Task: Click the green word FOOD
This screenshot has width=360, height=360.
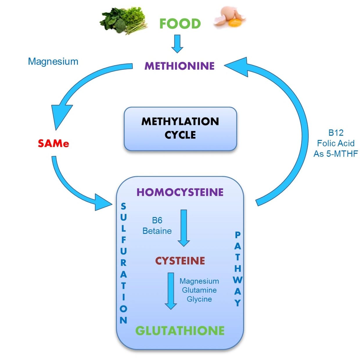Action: pyautogui.click(x=180, y=24)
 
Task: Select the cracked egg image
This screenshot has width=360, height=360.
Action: pyautogui.click(x=230, y=18)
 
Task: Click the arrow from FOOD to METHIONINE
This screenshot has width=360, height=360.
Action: pyautogui.click(x=177, y=44)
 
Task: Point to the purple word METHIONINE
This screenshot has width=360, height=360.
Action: pyautogui.click(x=179, y=66)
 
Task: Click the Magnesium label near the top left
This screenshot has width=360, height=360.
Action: pyautogui.click(x=53, y=62)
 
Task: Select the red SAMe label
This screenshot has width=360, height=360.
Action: pyautogui.click(x=53, y=143)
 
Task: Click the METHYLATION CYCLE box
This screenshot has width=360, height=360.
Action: pyautogui.click(x=180, y=129)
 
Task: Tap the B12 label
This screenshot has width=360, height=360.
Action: pyautogui.click(x=336, y=133)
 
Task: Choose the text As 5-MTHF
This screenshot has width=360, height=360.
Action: pyautogui.click(x=336, y=154)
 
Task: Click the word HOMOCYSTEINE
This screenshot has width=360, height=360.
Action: pyautogui.click(x=180, y=192)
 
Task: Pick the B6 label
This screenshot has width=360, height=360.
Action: pyautogui.click(x=157, y=220)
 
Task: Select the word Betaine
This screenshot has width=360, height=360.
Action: pyautogui.click(x=157, y=231)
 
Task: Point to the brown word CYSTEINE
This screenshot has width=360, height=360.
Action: pyautogui.click(x=180, y=261)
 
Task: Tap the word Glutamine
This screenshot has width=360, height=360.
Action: pyautogui.click(x=199, y=290)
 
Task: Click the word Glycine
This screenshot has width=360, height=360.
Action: pyautogui.click(x=199, y=299)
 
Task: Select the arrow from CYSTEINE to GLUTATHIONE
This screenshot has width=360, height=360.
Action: pyautogui.click(x=171, y=291)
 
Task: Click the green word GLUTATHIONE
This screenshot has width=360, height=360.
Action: pyautogui.click(x=180, y=331)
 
